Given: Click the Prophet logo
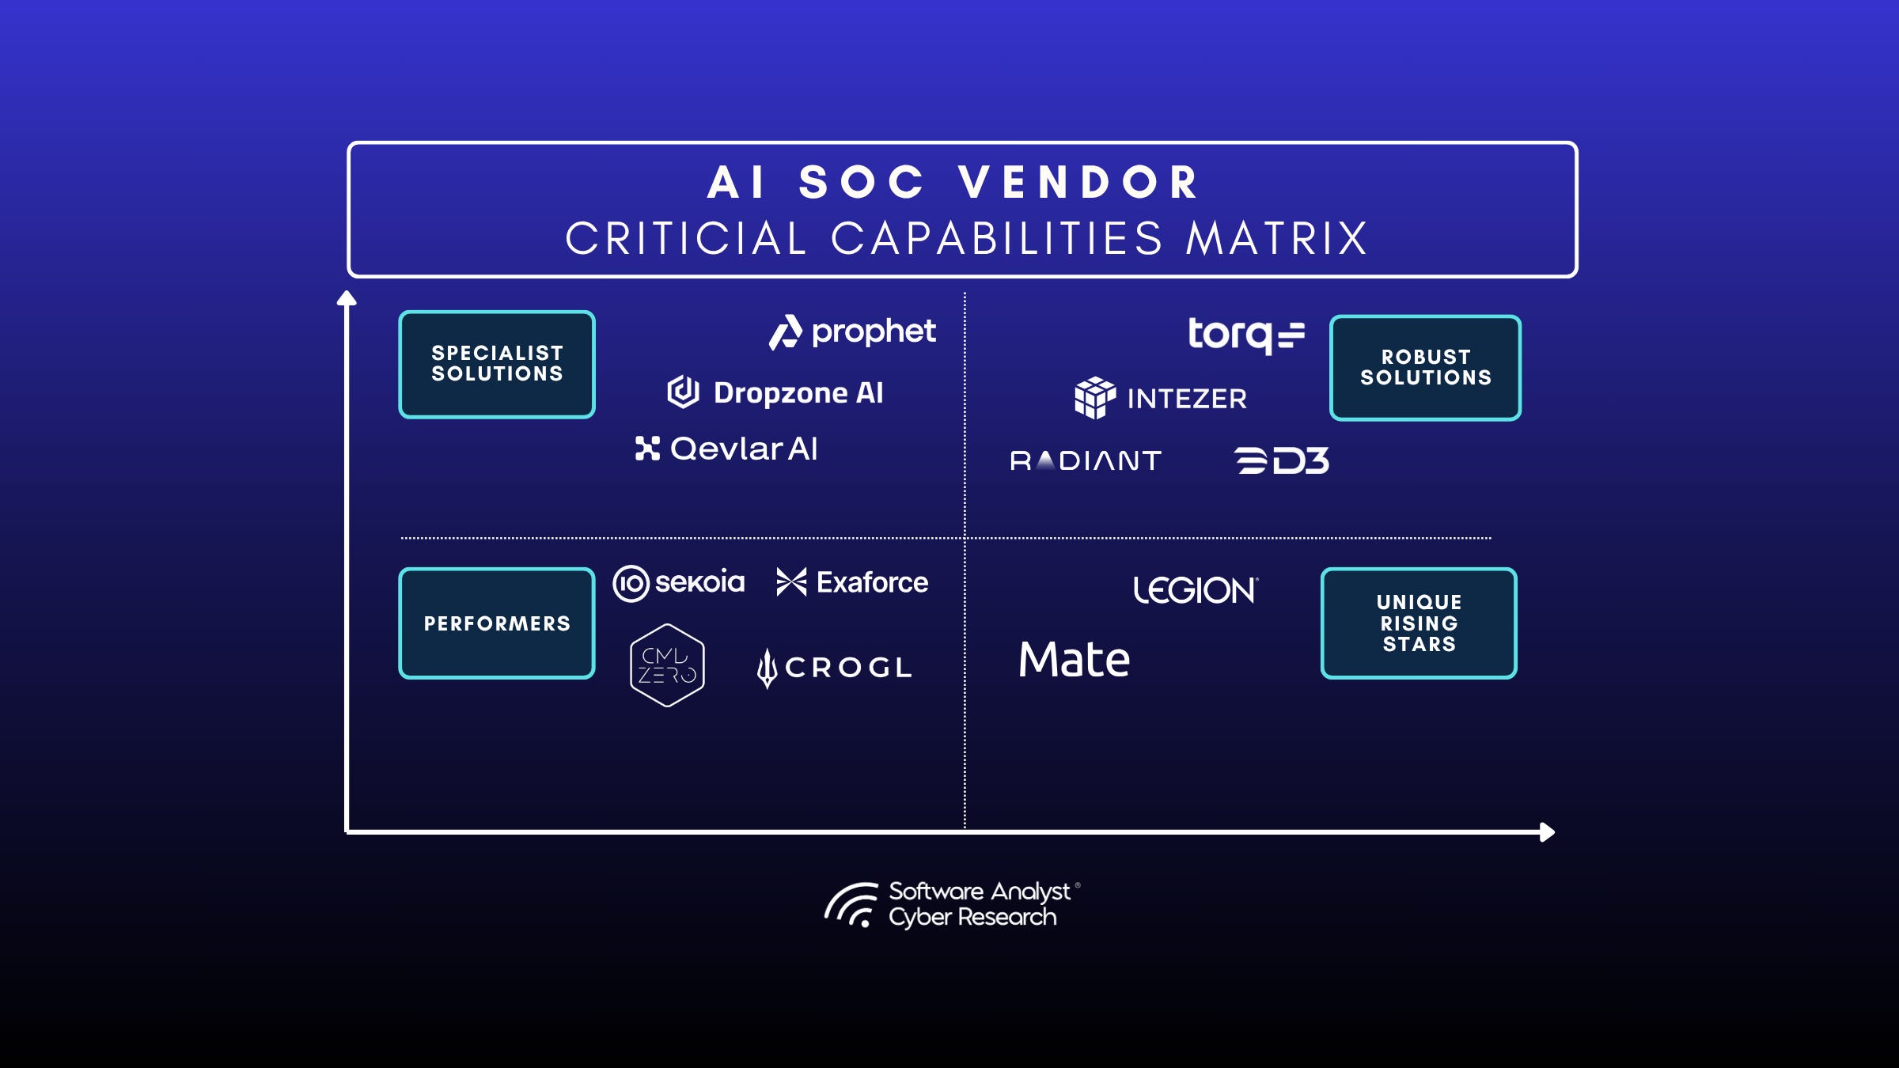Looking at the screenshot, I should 853,332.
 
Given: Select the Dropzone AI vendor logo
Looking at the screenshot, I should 775,392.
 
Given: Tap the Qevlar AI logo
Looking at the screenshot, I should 726,449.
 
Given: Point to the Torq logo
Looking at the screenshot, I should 1245,335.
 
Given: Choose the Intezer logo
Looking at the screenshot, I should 1160,398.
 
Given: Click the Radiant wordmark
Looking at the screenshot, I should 1086,460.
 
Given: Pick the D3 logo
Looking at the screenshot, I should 1282,460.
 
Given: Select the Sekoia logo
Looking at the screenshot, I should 679,583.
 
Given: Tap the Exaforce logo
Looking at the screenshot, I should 852,582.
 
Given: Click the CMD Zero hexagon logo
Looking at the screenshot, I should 667,665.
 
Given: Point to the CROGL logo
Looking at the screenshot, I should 834,668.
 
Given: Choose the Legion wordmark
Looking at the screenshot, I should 1195,590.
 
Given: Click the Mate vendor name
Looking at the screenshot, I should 1074,659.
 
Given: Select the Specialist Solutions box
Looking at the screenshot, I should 497,364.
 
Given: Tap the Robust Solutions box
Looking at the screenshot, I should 1425,368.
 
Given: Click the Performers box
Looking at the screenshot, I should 497,623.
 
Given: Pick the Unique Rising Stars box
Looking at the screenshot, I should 1419,623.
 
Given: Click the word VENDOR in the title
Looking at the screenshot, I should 1079,183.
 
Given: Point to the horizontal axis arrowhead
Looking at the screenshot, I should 1548,832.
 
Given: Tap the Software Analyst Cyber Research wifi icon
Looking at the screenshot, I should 852,904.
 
